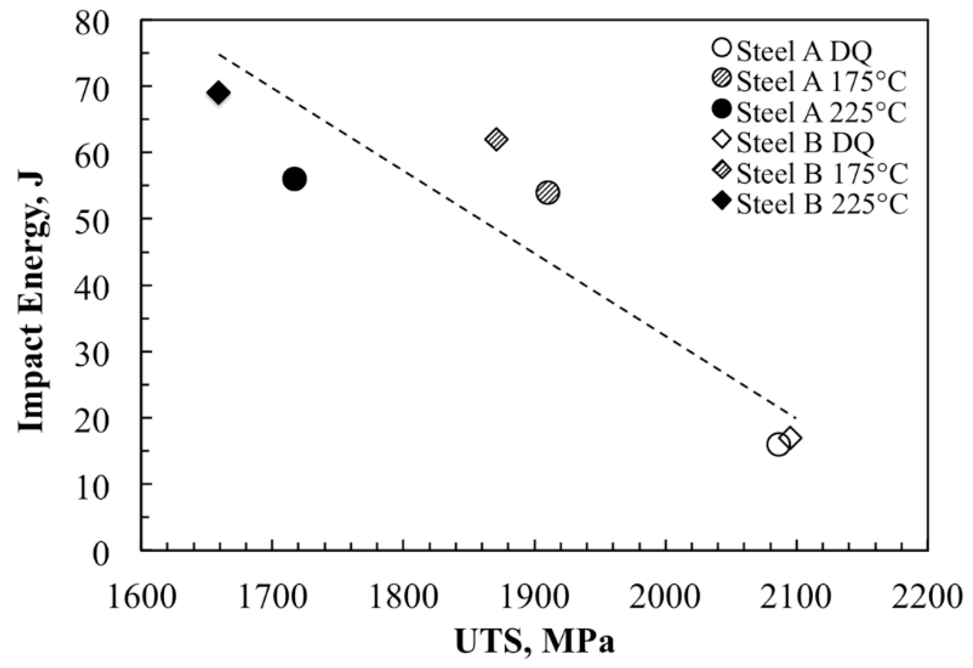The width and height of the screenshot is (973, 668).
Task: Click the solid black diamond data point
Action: (x=218, y=93)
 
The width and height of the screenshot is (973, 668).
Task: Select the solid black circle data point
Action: (x=294, y=179)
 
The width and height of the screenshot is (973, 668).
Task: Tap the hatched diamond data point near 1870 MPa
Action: (x=497, y=139)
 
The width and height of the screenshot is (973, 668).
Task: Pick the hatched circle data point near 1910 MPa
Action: (x=548, y=193)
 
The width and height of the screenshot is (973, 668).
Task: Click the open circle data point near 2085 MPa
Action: (x=778, y=444)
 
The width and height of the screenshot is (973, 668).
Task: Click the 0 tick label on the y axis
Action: (x=101, y=555)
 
